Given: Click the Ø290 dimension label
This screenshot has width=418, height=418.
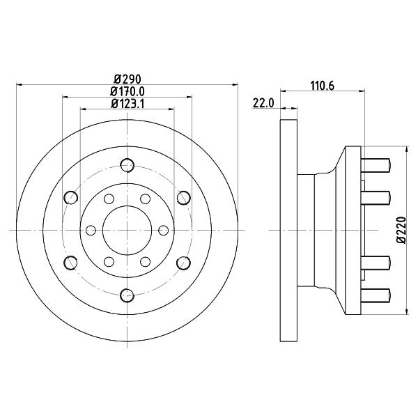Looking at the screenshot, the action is tap(127, 79).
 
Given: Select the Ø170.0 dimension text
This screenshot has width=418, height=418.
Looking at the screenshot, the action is tap(127, 91).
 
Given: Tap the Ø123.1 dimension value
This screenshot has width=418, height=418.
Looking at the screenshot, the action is tap(127, 104).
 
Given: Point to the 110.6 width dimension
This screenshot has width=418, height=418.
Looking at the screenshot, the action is tap(323, 86).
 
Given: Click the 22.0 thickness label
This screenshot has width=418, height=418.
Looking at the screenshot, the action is tap(263, 103).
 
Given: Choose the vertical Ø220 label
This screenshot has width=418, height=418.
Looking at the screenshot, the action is tap(401, 230).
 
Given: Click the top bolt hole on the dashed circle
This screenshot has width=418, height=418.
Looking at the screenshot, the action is tap(127, 165).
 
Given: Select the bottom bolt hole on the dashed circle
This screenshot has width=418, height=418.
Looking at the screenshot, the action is tap(127, 295).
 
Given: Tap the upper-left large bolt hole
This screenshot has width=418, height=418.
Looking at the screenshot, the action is tap(71, 198).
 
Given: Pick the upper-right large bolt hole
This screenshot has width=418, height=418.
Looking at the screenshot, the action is tap(184, 198).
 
